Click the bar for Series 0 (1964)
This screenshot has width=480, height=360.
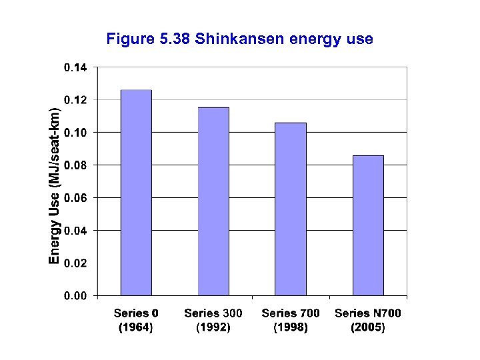point(136,193)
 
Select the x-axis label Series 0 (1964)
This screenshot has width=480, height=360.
point(136,320)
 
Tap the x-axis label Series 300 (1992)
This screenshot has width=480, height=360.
point(213,320)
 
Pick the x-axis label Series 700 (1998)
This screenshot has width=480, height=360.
point(291,320)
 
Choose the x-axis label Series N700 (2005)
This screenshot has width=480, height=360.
point(368,320)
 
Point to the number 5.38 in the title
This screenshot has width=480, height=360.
point(176,39)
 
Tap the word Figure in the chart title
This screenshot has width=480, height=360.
point(131,39)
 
